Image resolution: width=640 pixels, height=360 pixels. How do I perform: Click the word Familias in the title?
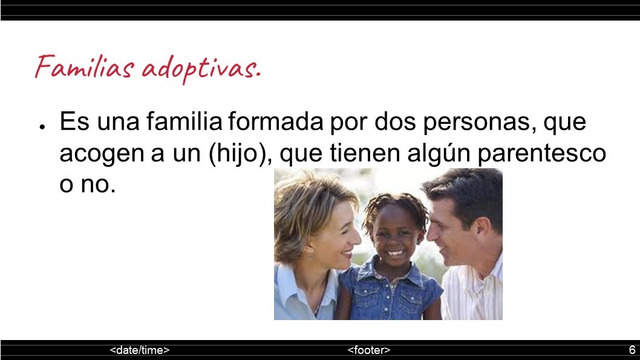pos(85,66)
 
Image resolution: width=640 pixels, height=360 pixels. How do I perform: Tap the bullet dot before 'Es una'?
pos(42,127)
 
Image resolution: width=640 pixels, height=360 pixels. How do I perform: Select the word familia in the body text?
pos(184,121)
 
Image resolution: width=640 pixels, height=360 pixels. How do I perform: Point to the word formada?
pos(275,121)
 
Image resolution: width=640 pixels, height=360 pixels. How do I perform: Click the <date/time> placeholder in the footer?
pos(140,350)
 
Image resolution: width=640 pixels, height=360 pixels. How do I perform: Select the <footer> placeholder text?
pos(369,350)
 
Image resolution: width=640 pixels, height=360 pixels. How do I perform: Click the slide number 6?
pos(632,350)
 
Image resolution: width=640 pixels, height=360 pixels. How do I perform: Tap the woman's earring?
pos(310,257)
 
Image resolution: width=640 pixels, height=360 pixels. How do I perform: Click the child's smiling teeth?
pos(394,253)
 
